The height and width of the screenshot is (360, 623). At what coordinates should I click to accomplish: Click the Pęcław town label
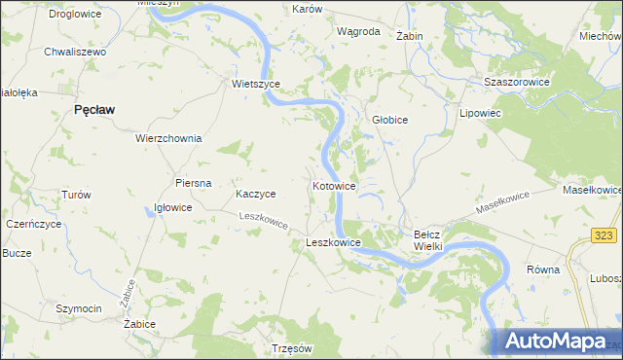tap(95, 110)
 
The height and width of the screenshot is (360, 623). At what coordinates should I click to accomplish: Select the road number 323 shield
tap(605, 236)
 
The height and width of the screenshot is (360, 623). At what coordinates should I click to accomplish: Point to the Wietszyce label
tap(256, 84)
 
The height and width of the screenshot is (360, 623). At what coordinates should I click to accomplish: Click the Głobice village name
tap(390, 120)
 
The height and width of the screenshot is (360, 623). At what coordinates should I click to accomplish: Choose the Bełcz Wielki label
tap(428, 240)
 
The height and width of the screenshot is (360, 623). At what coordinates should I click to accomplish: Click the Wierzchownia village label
tap(168, 138)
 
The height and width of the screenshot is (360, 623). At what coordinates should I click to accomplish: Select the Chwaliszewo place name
tap(74, 52)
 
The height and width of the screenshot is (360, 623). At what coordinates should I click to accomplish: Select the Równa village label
tap(542, 270)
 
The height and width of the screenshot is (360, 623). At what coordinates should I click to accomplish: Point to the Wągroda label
tap(357, 31)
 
